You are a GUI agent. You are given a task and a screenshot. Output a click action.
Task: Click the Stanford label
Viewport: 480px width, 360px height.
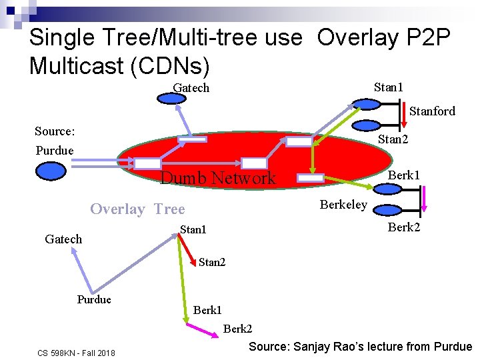pos(432,111)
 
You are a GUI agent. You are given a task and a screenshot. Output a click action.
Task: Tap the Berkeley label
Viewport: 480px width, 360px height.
pos(343,205)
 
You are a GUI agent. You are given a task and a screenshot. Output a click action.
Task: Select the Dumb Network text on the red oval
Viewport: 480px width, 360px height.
pos(218,177)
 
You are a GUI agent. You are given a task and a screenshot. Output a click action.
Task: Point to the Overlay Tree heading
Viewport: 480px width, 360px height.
pos(137,209)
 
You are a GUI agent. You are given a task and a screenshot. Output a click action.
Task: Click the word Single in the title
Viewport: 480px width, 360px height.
pos(62,37)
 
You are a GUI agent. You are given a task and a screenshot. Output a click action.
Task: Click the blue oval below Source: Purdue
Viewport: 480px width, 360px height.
pos(51,172)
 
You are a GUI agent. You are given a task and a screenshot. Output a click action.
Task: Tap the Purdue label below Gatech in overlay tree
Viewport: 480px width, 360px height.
pos(94,299)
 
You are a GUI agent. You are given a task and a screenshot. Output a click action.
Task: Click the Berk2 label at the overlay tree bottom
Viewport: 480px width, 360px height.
pos(237,329)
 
